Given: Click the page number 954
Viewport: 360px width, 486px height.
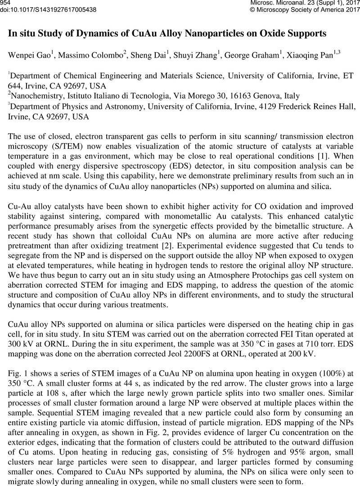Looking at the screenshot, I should (x=6, y=3).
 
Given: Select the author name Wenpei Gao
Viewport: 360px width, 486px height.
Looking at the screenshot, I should (x=28, y=55).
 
